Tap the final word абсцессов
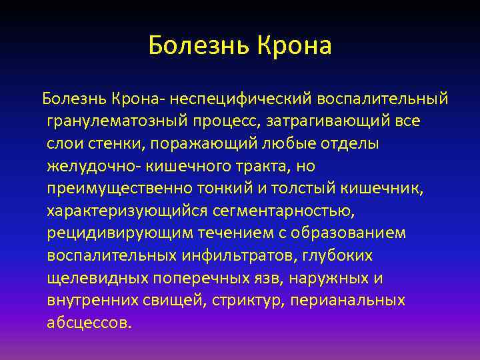coord(89,323)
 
